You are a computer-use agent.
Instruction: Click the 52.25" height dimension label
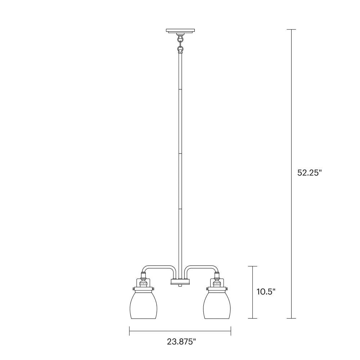[x=309, y=172]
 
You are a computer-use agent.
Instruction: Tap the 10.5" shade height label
[x=266, y=292]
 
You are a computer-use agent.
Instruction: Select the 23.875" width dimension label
[x=181, y=342]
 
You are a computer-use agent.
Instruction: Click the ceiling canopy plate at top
[x=180, y=31]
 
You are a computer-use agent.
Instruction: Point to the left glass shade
[x=143, y=305]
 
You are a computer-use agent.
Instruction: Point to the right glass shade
[x=217, y=305]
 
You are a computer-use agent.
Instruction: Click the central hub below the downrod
[x=180, y=282]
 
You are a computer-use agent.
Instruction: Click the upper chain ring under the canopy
[x=180, y=39]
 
